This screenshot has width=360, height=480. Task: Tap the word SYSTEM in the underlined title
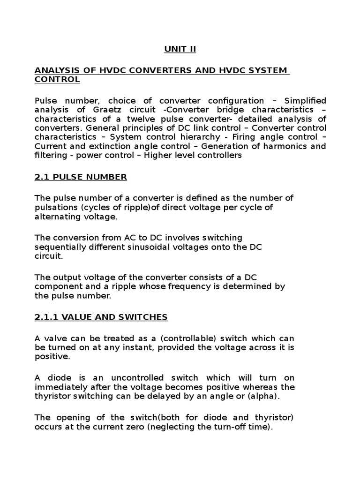coord(265,70)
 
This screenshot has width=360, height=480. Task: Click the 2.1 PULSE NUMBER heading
coord(81,177)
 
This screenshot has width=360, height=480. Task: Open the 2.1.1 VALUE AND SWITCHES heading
coord(101,317)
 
